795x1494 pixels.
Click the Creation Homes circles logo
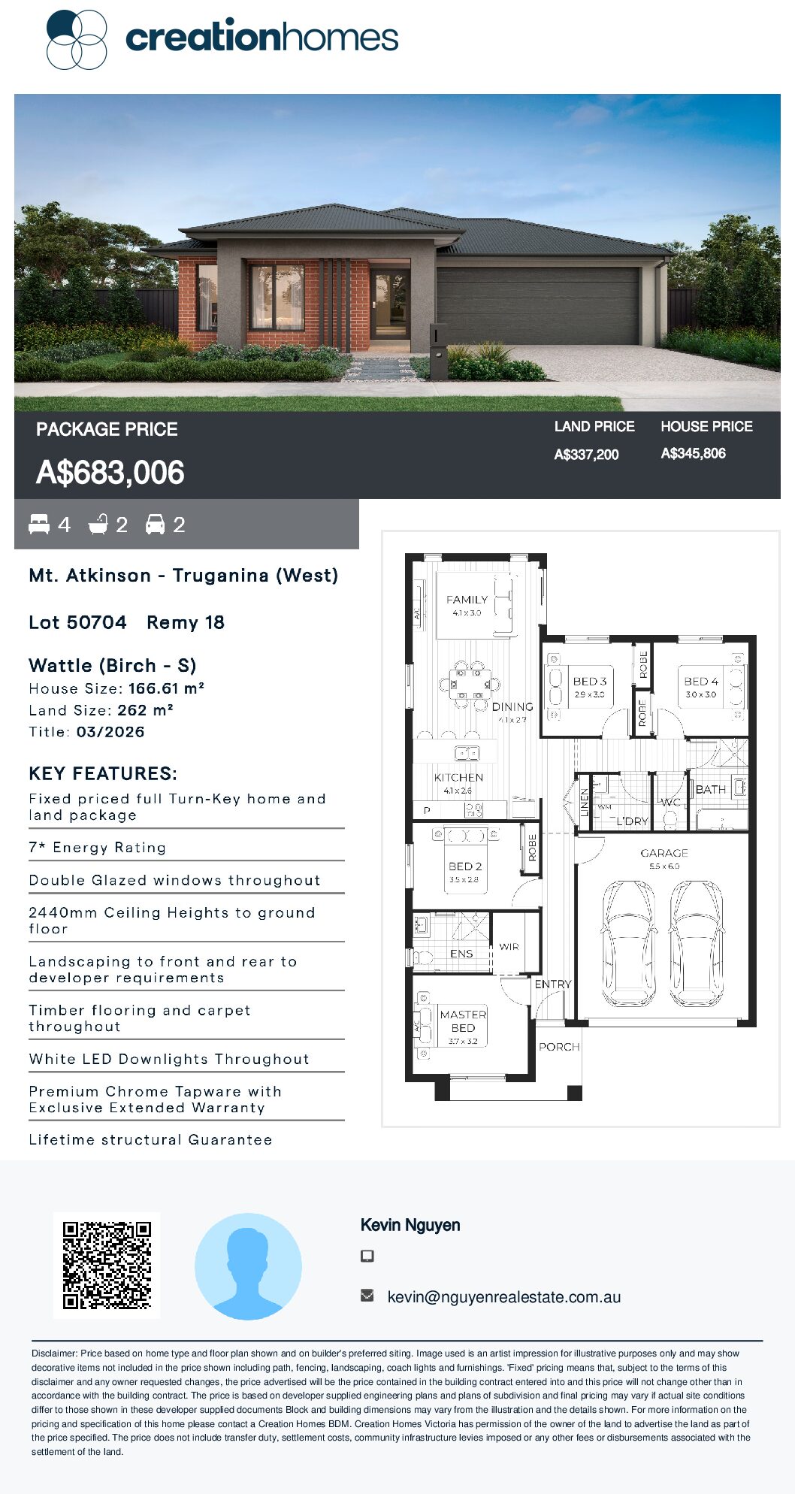pos(77,40)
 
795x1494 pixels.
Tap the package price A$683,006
pos(110,473)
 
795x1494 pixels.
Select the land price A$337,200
pos(586,455)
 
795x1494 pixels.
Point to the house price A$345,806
pos(693,454)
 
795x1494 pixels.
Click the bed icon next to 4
pos(39,525)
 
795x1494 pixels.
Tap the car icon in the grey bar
pos(155,525)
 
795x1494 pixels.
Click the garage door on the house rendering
pos(538,306)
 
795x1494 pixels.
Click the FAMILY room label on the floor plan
pos(467,600)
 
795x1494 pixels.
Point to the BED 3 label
pos(590,681)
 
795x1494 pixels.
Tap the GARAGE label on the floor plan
pos(664,853)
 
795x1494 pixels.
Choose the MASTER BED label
pos(463,1021)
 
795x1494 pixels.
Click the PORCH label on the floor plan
pos(559,1047)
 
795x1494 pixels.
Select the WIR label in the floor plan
pos(509,947)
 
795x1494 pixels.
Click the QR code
pos(107,1266)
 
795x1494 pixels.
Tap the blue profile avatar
pos(248,1266)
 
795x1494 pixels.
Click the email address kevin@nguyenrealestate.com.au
pos(504,1297)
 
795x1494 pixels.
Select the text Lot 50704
pos(77,622)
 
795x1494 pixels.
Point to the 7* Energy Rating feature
pos(97,848)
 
